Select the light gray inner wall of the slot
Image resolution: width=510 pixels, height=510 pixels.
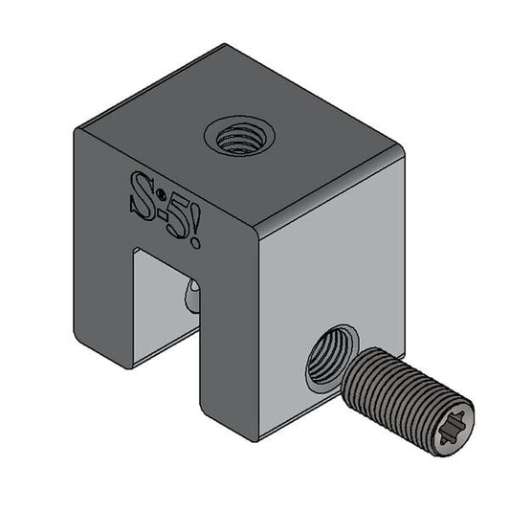tap(158, 297)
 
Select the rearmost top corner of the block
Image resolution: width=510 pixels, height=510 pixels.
tap(226, 44)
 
